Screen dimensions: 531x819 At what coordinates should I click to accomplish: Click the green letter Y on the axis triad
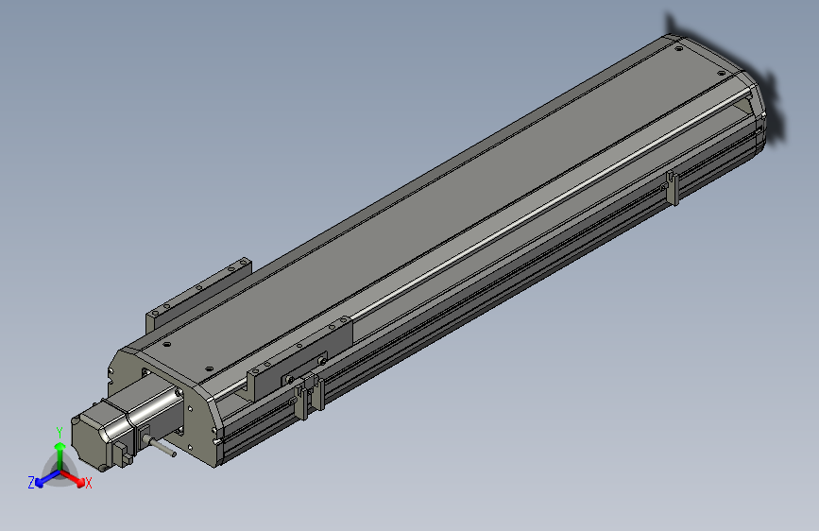click(60, 431)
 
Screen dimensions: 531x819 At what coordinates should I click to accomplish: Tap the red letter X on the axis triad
click(89, 484)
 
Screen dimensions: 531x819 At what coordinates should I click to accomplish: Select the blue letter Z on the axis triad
click(31, 483)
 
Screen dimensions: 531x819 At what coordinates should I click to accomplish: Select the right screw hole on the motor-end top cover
click(209, 370)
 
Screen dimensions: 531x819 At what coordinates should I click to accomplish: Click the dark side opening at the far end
click(742, 114)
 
